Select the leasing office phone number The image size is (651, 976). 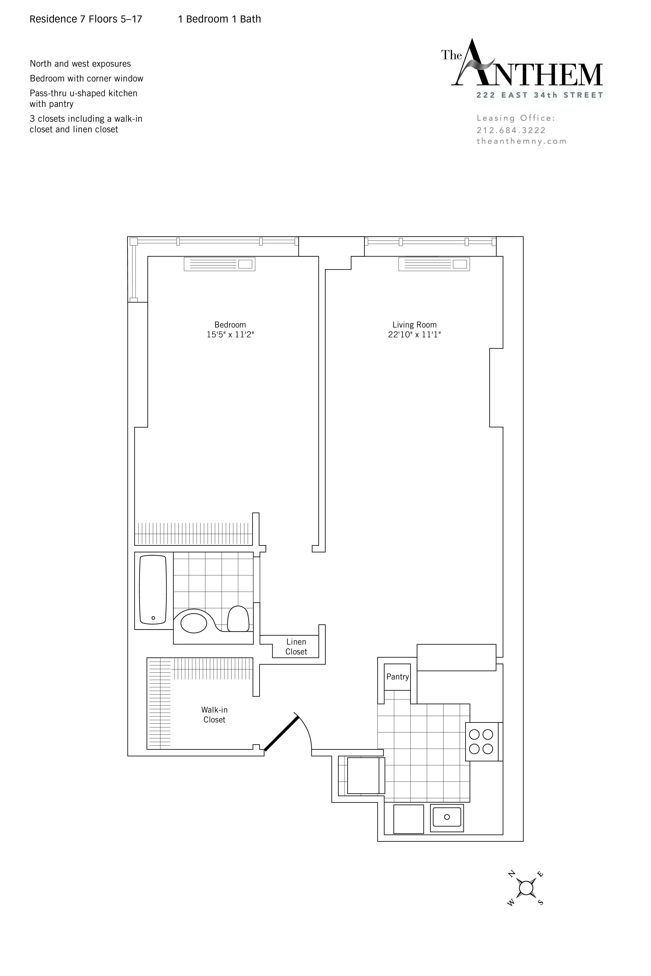pyautogui.click(x=511, y=130)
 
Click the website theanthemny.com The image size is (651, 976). pyautogui.click(x=521, y=141)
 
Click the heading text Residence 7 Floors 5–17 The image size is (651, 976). pyautogui.click(x=86, y=19)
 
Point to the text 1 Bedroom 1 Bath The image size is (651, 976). pyautogui.click(x=219, y=19)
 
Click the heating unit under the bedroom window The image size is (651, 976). pyautogui.click(x=219, y=264)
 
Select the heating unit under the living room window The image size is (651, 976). pyautogui.click(x=434, y=264)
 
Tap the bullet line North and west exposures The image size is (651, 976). pyautogui.click(x=80, y=64)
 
